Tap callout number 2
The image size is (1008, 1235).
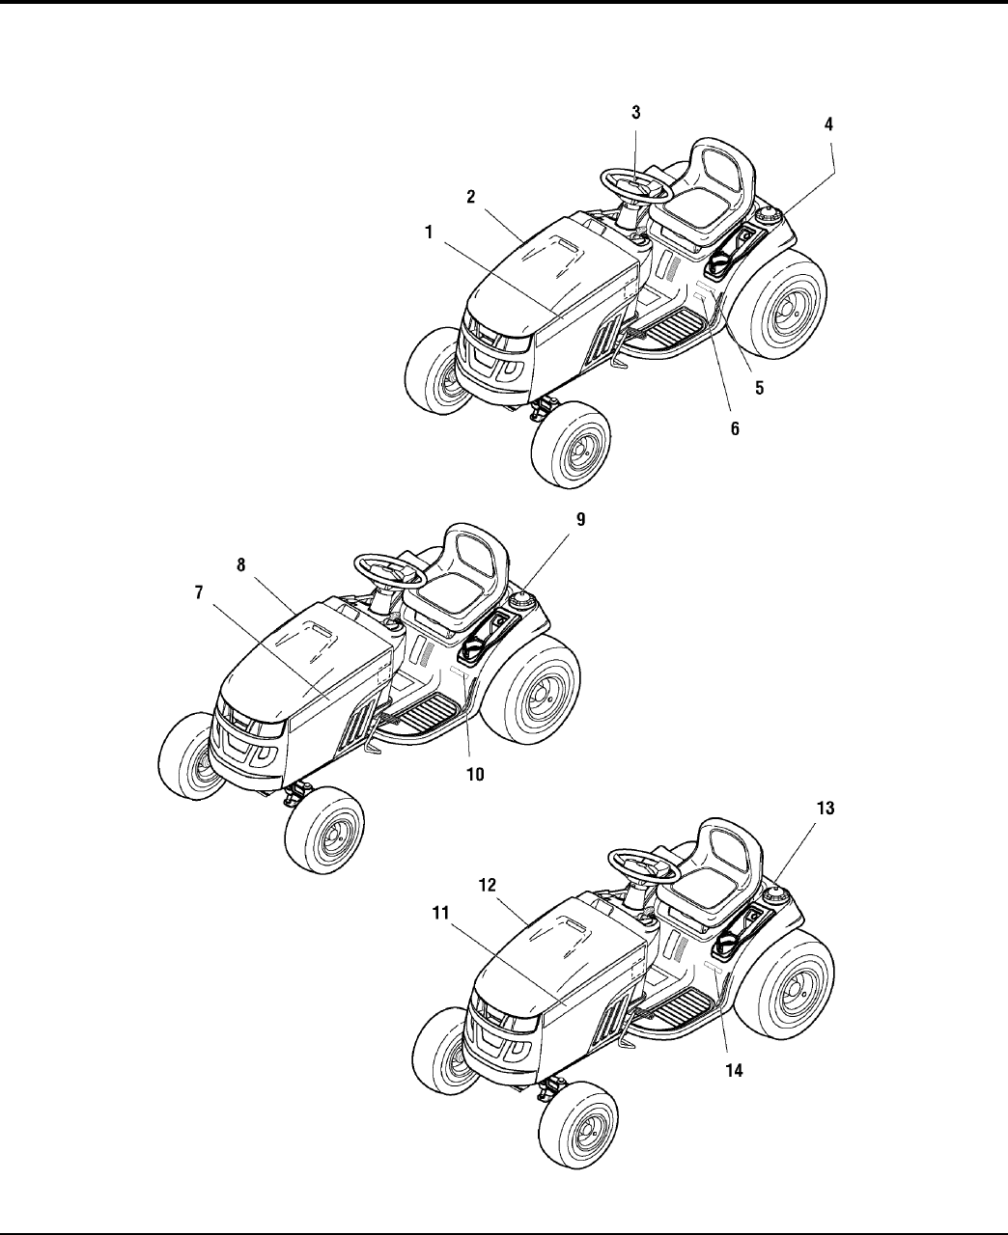(470, 196)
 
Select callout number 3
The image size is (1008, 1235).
(636, 112)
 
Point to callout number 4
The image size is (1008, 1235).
(828, 124)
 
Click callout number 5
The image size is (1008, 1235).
(760, 388)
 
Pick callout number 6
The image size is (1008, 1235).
(735, 428)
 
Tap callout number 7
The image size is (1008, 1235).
(199, 592)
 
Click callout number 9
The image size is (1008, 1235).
(580, 519)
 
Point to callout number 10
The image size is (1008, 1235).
(476, 773)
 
